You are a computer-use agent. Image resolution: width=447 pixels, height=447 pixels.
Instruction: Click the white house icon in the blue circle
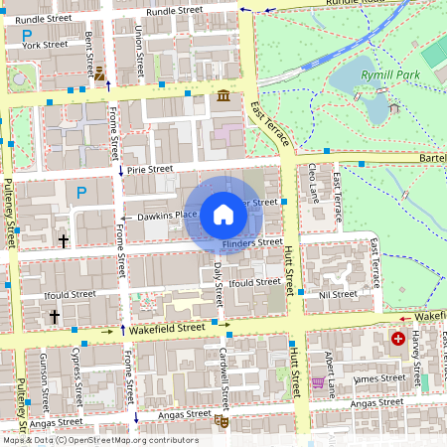point(223,213)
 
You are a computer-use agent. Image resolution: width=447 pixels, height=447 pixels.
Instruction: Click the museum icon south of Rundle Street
point(221,95)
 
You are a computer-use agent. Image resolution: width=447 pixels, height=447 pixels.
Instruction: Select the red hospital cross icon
point(398,339)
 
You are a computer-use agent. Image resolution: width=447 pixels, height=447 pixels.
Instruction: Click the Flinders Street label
point(252,242)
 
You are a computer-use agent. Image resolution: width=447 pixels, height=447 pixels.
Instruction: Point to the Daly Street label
point(218,281)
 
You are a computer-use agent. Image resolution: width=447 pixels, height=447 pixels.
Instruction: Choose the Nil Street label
point(337,294)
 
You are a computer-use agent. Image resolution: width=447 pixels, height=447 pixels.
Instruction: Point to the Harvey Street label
point(417,359)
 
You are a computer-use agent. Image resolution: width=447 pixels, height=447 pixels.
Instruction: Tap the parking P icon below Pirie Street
point(81,192)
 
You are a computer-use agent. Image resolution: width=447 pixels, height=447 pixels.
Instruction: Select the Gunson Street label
point(45,383)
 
